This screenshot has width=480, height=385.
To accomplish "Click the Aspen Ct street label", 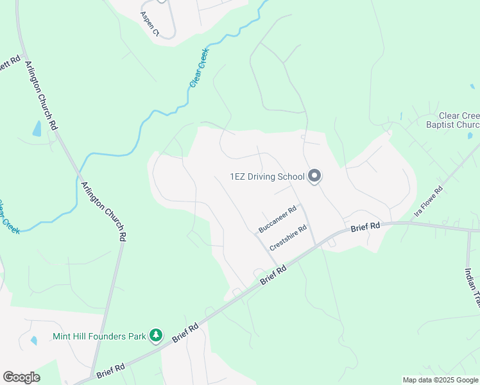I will [x=151, y=24].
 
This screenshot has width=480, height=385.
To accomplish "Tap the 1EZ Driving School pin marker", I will [x=314, y=176].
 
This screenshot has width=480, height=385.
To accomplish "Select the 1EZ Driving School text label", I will [x=267, y=176].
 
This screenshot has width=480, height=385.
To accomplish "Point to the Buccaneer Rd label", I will [x=277, y=219].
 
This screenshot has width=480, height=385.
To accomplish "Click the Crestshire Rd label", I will [x=288, y=237].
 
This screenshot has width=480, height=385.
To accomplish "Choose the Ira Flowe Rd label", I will [x=429, y=201].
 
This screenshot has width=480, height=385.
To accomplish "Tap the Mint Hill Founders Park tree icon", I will [x=155, y=335].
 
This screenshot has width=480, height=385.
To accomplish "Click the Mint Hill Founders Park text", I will [x=99, y=336].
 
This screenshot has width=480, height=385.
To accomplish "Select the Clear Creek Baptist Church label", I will [x=452, y=120].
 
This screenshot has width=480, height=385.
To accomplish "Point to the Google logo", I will [x=21, y=377].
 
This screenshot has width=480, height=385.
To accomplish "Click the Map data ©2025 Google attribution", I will [x=440, y=380].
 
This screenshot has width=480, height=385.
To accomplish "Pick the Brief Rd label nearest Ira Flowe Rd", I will [x=366, y=227].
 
